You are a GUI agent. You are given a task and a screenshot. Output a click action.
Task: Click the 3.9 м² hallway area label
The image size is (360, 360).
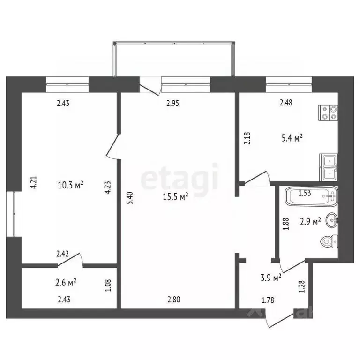pyautogui.click(x=270, y=277)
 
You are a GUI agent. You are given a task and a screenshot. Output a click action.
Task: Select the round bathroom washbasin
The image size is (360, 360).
pyautogui.click(x=332, y=219)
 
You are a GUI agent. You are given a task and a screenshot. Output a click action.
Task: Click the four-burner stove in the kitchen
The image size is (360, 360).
pyautogui.click(x=329, y=112)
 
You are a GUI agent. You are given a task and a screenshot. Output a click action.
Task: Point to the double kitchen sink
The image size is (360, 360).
pyautogui.click(x=329, y=167)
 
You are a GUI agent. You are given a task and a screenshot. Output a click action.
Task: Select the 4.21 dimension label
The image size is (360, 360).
pyautogui.click(x=33, y=182)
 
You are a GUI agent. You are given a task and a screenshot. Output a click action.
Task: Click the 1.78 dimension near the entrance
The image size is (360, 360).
pyautogui.click(x=268, y=300)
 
